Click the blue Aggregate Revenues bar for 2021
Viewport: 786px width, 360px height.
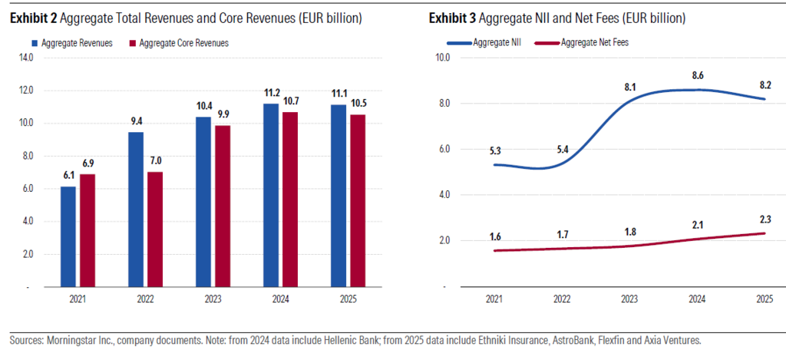tap(68, 236)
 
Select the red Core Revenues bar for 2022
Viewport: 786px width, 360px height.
tap(155, 230)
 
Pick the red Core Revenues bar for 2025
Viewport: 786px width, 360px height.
tap(358, 200)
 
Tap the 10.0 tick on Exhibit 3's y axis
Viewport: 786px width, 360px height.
tap(442, 57)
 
